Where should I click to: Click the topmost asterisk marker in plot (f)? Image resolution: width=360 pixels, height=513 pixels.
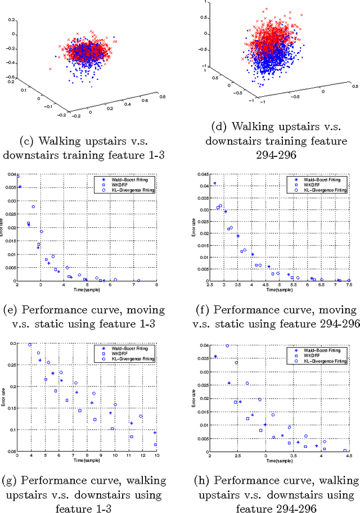[x=214, y=183]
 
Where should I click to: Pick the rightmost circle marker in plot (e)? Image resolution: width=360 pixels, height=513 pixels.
[x=139, y=280]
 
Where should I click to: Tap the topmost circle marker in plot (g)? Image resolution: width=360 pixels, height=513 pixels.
[x=30, y=344]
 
